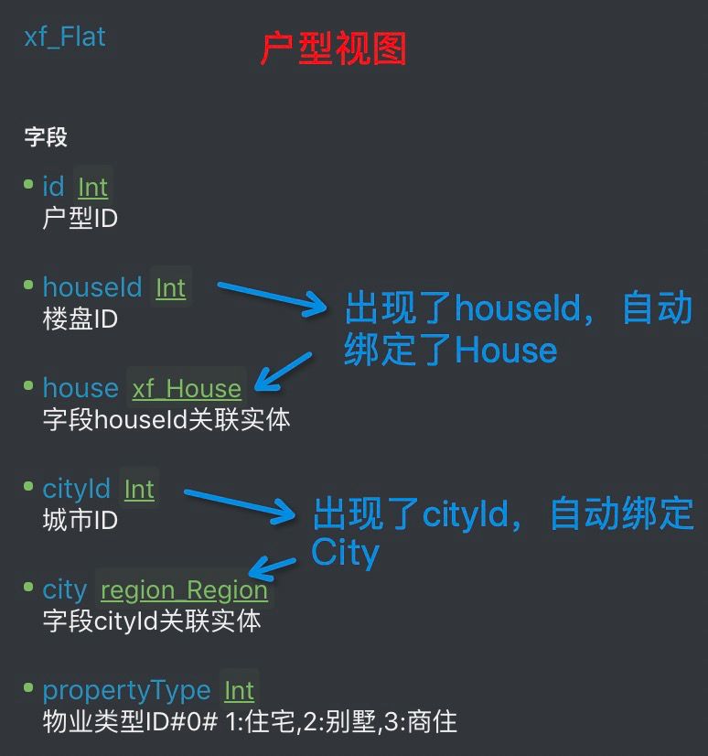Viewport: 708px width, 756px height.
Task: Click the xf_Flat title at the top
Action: tap(65, 38)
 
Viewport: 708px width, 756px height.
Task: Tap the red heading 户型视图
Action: tap(333, 49)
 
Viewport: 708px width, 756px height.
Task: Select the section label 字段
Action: tap(46, 138)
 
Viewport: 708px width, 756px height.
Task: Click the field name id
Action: tap(53, 187)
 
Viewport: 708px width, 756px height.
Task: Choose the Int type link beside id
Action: tap(92, 188)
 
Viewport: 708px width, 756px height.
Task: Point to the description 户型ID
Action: tap(80, 219)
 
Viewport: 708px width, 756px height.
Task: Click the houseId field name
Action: tap(91, 287)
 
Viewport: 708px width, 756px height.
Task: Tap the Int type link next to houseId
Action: tap(171, 288)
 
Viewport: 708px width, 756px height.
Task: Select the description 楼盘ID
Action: tap(80, 319)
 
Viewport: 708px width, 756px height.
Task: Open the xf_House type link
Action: tap(187, 389)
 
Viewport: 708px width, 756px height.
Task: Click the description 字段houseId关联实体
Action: tap(166, 420)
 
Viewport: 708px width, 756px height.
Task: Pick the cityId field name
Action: tap(76, 489)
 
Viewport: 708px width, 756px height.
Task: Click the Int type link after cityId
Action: tap(139, 490)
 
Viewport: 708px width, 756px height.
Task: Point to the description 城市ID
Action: tap(80, 521)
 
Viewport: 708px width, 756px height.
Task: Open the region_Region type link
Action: tap(184, 590)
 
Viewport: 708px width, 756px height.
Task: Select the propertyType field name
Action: tap(126, 690)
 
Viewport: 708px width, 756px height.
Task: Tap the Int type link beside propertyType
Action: tap(240, 691)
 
